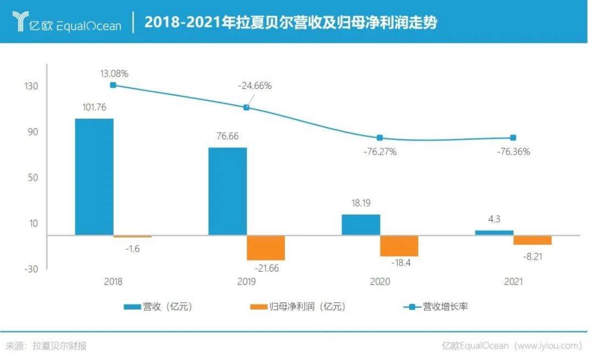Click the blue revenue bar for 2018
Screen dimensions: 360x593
pyautogui.click(x=94, y=177)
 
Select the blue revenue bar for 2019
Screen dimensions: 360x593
pyautogui.click(x=227, y=191)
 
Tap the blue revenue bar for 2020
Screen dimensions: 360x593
pyautogui.click(x=361, y=224)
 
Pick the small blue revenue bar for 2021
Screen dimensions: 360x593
pyautogui.click(x=494, y=233)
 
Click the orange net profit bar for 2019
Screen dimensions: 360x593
pyautogui.click(x=266, y=248)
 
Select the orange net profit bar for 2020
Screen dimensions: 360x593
pyautogui.click(x=399, y=246)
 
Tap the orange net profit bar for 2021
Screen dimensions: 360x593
pyautogui.click(x=533, y=240)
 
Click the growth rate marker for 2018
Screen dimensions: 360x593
pyautogui.click(x=113, y=85)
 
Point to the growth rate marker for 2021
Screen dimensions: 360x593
pyautogui.click(x=513, y=138)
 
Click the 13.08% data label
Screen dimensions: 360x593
pyautogui.click(x=114, y=73)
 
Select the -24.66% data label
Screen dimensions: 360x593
pyautogui.click(x=255, y=86)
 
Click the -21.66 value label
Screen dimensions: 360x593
pyautogui.click(x=267, y=268)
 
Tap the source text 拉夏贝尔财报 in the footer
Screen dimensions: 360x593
pyautogui.click(x=59, y=346)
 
